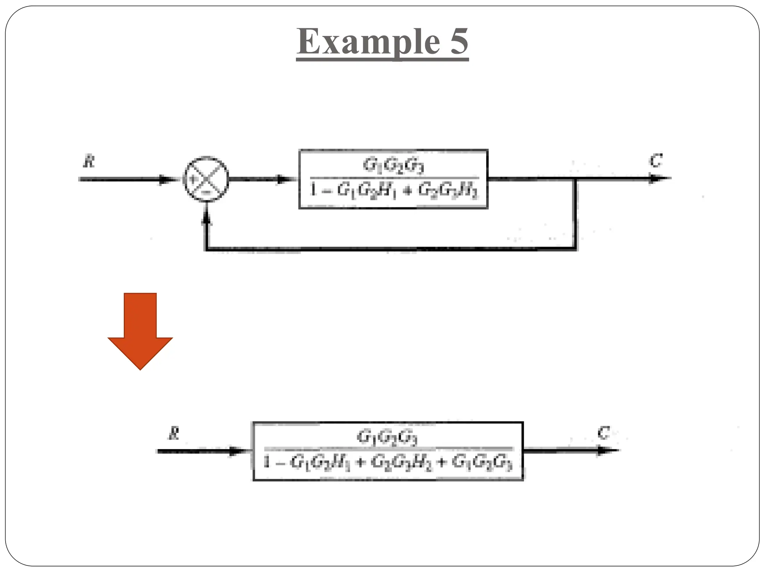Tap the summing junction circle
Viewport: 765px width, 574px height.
[x=206, y=179]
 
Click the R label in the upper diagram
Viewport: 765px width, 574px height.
[x=89, y=162]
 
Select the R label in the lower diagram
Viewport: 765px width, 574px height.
[x=174, y=434]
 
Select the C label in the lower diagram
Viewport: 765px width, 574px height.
[x=603, y=433]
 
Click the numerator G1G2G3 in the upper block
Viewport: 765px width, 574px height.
[x=393, y=166]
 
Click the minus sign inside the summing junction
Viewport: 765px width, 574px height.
[x=206, y=192]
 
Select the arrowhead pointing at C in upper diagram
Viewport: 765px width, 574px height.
[x=656, y=179]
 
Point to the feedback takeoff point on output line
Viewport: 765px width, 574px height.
[x=576, y=179]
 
